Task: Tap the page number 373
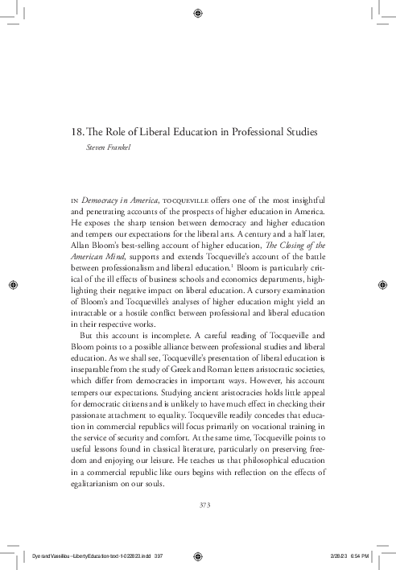(x=197, y=505)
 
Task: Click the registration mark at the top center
(x=198, y=13)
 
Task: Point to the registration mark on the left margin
(x=13, y=284)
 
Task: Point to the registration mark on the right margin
(x=383, y=284)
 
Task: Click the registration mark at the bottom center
(x=198, y=556)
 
